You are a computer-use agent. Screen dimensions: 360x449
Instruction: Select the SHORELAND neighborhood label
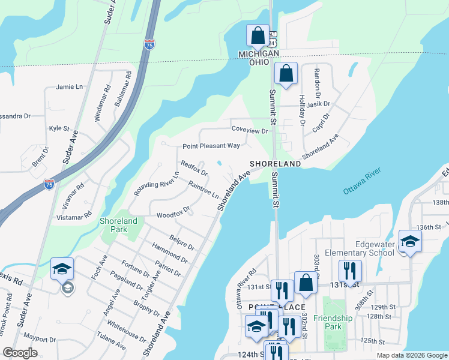(275, 164)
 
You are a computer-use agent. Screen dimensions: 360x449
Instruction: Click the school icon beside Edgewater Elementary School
(410, 241)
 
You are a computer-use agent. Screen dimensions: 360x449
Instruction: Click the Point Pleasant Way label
(211, 146)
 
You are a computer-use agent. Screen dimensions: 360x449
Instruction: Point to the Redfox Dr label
(194, 168)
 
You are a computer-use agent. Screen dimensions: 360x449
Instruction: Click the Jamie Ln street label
(68, 87)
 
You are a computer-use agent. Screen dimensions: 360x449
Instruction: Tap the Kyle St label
(59, 128)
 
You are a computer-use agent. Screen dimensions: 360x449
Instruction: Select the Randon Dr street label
(315, 83)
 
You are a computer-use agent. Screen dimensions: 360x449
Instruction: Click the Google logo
(20, 353)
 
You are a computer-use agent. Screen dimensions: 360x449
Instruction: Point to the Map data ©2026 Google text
(412, 355)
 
